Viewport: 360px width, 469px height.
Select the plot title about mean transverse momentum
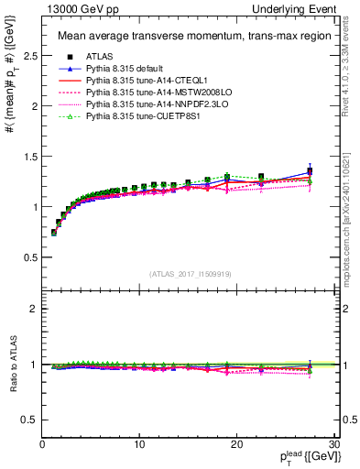[x=183, y=37]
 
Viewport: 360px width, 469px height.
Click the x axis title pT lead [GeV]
[x=302, y=456]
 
